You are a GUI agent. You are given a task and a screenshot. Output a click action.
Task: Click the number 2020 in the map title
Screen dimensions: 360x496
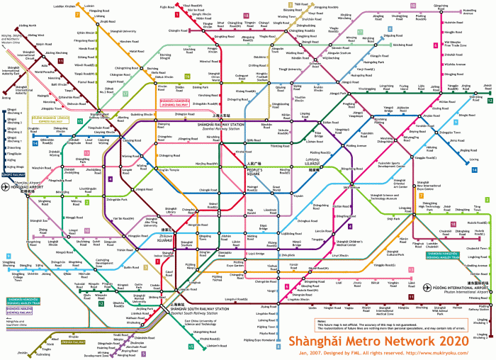452,341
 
